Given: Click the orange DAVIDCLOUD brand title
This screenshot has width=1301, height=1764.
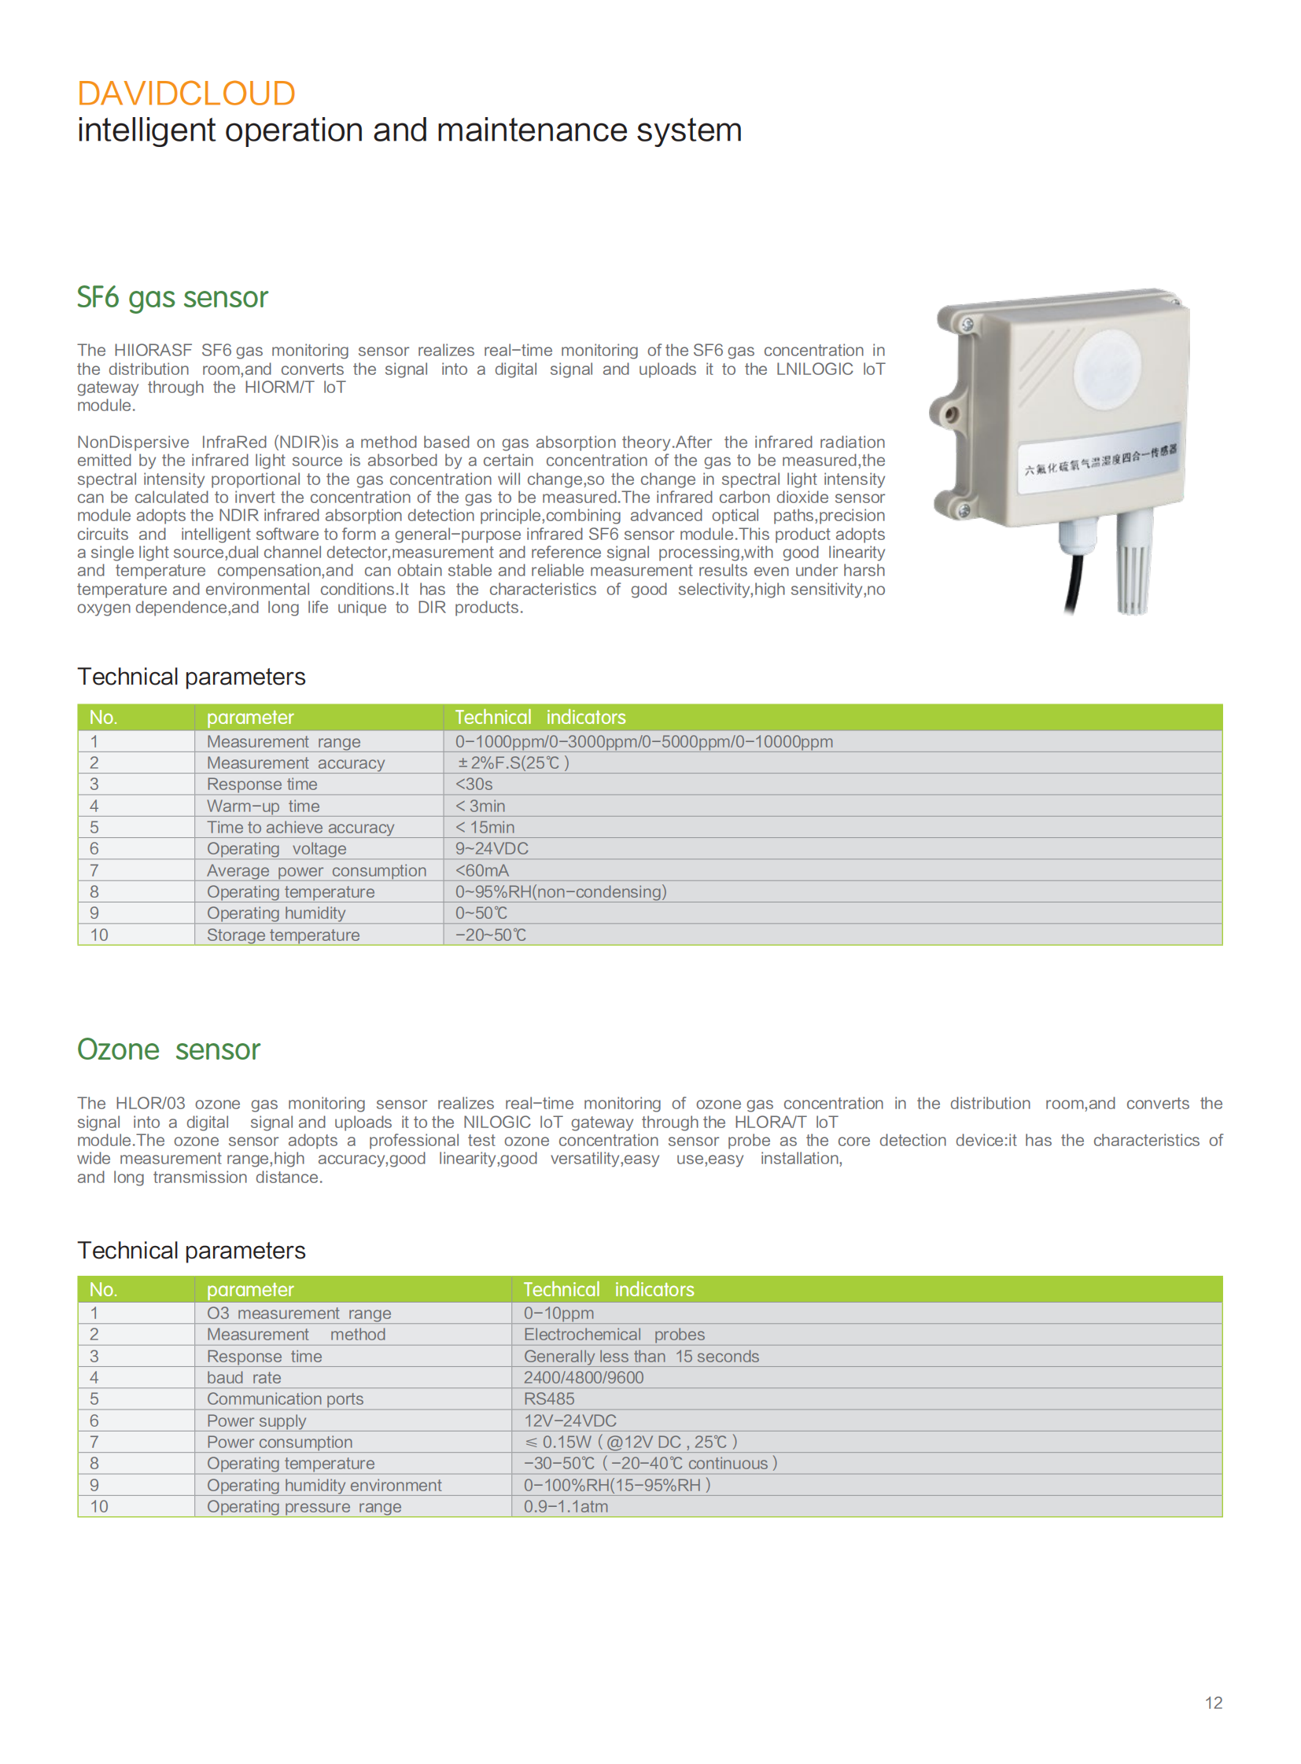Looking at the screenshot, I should tap(186, 94).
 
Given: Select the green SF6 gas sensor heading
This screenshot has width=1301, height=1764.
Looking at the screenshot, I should tap(172, 298).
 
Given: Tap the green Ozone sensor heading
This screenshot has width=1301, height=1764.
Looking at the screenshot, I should tap(168, 1049).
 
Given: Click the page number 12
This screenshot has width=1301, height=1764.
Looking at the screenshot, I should tap(1213, 1703).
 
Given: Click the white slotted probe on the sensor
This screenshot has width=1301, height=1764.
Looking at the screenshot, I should tap(1133, 563).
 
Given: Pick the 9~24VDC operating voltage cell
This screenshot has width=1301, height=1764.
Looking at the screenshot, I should tap(492, 848).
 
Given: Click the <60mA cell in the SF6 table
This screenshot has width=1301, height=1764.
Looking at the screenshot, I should tap(482, 870).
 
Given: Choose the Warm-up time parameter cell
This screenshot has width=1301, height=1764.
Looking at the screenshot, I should tap(263, 806).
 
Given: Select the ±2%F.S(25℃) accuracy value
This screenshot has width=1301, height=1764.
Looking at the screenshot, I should tap(513, 763).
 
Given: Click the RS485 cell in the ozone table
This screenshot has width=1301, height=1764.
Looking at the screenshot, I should tap(549, 1398).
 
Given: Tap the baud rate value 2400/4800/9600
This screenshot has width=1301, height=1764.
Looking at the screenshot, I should tap(584, 1377).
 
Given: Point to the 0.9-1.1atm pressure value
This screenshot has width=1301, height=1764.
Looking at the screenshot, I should tap(566, 1507).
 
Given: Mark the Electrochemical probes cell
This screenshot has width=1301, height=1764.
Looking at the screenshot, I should tap(614, 1334).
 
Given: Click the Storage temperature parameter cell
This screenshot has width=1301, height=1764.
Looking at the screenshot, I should tap(282, 935).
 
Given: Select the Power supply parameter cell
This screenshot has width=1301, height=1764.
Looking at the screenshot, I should tap(256, 1420).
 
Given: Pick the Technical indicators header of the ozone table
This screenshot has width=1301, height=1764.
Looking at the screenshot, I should tap(608, 1289).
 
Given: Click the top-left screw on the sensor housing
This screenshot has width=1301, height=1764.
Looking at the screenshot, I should tap(967, 325).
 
